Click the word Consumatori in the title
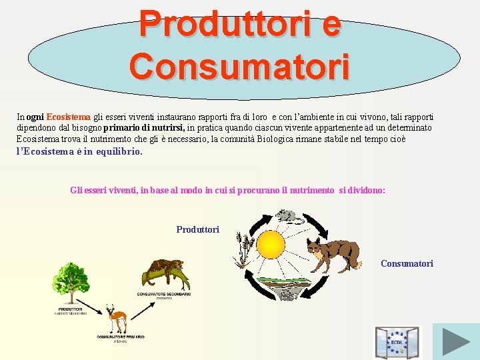tap(240, 67)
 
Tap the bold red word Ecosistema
tap(68, 117)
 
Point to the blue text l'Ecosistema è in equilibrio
tap(79, 151)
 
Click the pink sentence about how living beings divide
tap(227, 190)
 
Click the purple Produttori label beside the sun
tap(197, 229)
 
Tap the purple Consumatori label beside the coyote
tap(407, 263)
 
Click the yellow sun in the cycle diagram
tap(271, 244)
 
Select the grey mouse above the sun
tap(287, 216)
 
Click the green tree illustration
tap(70, 282)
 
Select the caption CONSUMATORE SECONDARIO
tap(164, 294)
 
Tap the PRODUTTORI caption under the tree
tap(70, 309)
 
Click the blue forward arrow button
tap(456, 341)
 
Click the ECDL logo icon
tap(397, 342)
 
